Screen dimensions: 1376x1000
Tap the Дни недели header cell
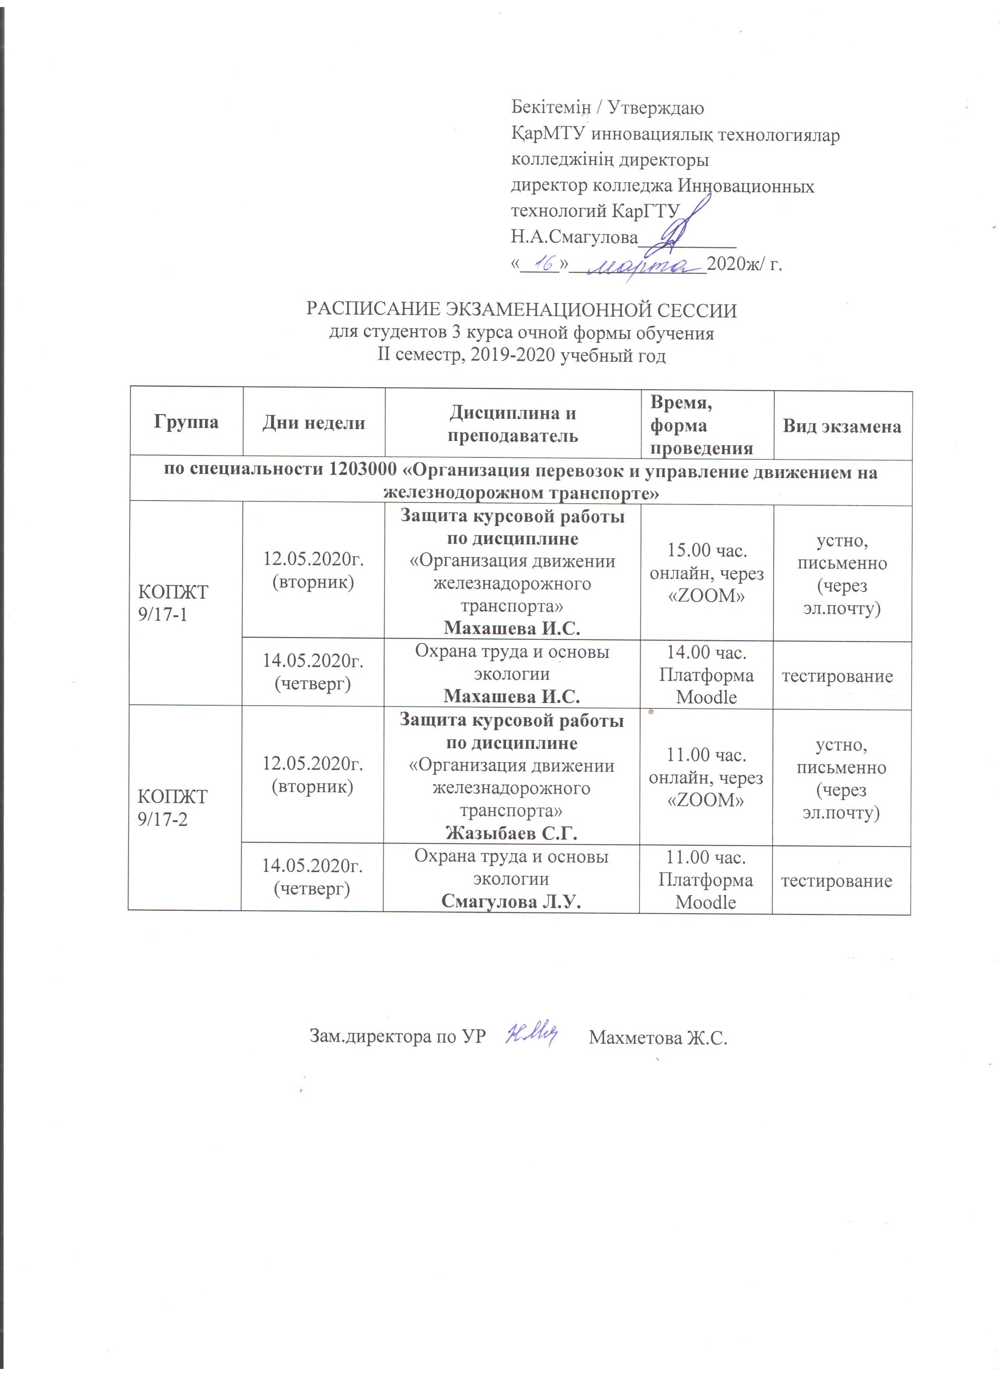313,423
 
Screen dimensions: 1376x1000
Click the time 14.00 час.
707,653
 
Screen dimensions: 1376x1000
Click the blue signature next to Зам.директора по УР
531,1036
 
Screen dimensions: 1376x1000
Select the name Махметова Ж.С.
658,1037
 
